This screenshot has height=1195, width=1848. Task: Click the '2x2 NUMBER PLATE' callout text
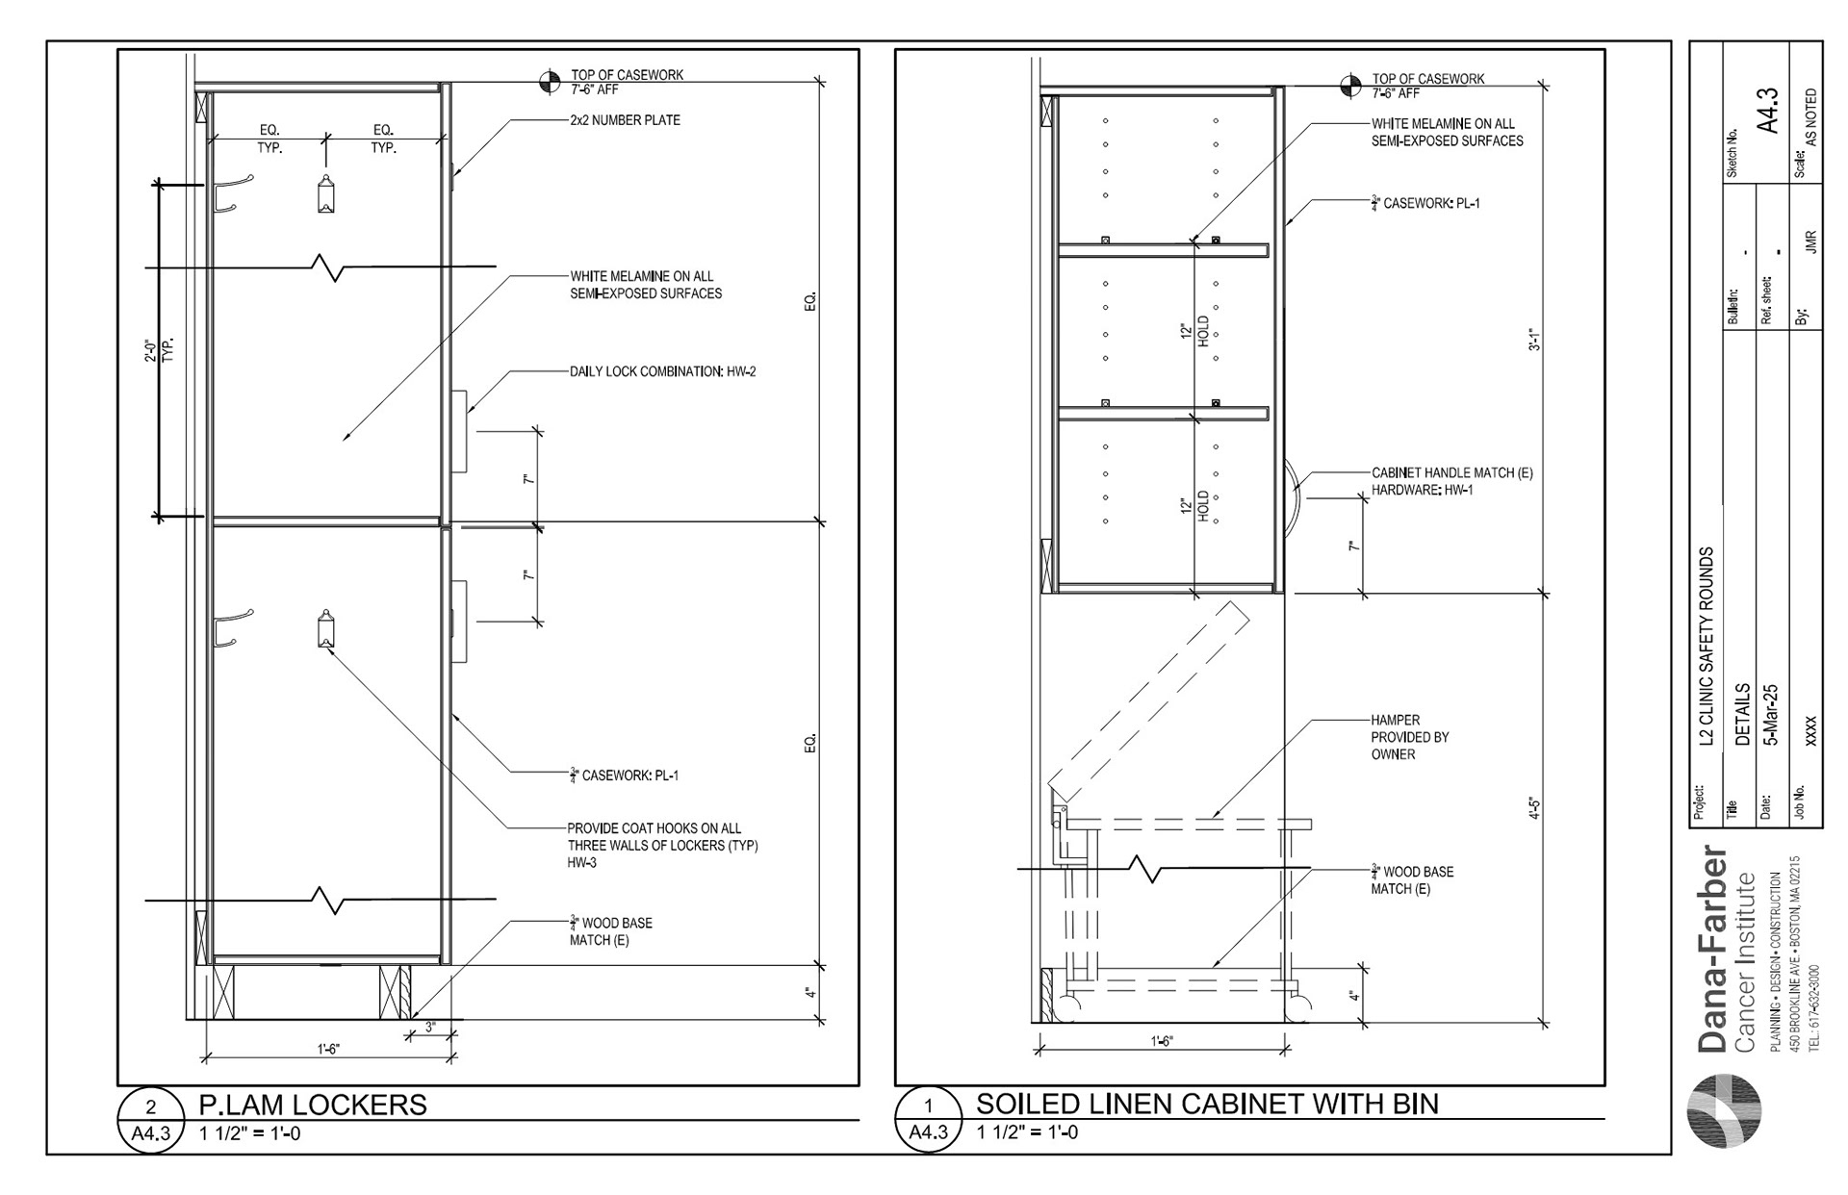point(625,120)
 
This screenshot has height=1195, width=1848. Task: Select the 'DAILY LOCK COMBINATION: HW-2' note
point(662,371)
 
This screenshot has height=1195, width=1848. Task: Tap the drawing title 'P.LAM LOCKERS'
point(312,1104)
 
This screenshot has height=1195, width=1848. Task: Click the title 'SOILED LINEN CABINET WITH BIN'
point(1207,1104)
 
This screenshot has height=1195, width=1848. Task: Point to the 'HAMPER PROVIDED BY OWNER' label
point(1410,737)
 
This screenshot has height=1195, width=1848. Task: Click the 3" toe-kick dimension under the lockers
point(429,1028)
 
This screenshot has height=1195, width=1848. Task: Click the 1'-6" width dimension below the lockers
point(327,1050)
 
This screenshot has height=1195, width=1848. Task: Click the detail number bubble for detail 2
point(150,1106)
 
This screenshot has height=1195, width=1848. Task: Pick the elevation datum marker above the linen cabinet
point(1352,86)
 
